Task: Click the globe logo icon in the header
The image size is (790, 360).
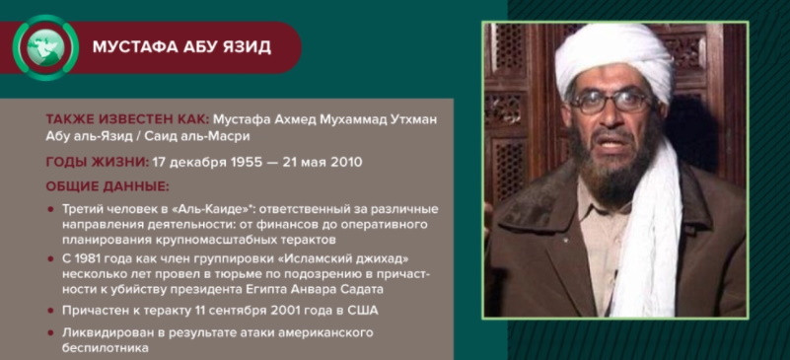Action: point(45,47)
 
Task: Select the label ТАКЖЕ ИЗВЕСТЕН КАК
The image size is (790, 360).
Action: point(126,119)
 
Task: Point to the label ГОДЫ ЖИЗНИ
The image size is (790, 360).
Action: point(97,162)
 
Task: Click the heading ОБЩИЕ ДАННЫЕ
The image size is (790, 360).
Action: point(108,186)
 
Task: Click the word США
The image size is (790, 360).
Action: point(363,310)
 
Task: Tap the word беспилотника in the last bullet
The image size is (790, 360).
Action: point(106,348)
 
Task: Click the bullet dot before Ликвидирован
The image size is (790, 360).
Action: point(50,332)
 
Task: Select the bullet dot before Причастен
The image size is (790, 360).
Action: point(50,310)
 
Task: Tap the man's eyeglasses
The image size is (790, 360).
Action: point(611,102)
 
